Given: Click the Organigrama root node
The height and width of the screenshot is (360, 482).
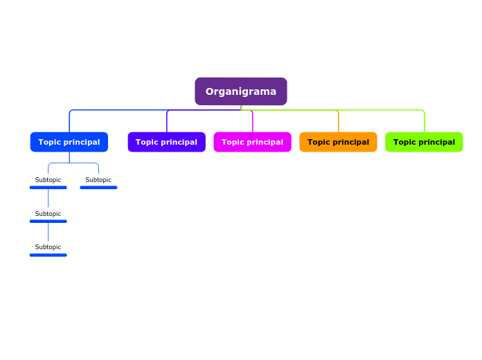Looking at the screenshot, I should pyautogui.click(x=240, y=91).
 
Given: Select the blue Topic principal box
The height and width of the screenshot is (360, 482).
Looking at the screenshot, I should pyautogui.click(x=69, y=142).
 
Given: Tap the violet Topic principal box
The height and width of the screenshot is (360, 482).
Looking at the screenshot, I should pyautogui.click(x=166, y=142).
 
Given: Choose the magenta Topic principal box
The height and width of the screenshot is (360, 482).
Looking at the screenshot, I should pyautogui.click(x=252, y=142).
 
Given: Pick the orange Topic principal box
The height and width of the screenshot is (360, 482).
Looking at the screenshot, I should pyautogui.click(x=338, y=142).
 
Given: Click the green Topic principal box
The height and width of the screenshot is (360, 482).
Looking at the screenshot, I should pyautogui.click(x=424, y=142).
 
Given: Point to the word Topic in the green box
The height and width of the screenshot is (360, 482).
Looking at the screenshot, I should pyautogui.click(x=406, y=142).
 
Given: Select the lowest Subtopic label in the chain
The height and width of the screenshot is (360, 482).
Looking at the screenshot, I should pyautogui.click(x=48, y=247).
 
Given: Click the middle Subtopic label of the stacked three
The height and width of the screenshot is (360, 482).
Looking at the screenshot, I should pyautogui.click(x=48, y=214).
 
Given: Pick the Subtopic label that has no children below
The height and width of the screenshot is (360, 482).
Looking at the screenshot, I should pyautogui.click(x=98, y=180).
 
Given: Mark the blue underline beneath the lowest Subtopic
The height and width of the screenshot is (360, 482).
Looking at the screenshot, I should pyautogui.click(x=48, y=255).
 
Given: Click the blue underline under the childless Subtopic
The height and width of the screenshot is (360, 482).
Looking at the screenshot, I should pyautogui.click(x=98, y=187).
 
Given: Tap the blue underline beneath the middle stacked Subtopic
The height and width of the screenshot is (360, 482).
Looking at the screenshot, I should pyautogui.click(x=48, y=221).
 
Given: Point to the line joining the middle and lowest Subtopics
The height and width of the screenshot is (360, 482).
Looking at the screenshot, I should pyautogui.click(x=48, y=233).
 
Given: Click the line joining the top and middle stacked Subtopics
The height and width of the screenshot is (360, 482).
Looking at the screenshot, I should pyautogui.click(x=48, y=199).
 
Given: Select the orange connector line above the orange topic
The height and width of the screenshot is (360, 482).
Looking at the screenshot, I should pyautogui.click(x=339, y=122).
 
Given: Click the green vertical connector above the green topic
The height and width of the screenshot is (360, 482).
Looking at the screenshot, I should pyautogui.click(x=425, y=122).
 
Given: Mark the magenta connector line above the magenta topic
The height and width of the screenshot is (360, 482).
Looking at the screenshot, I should pyautogui.click(x=253, y=122).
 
